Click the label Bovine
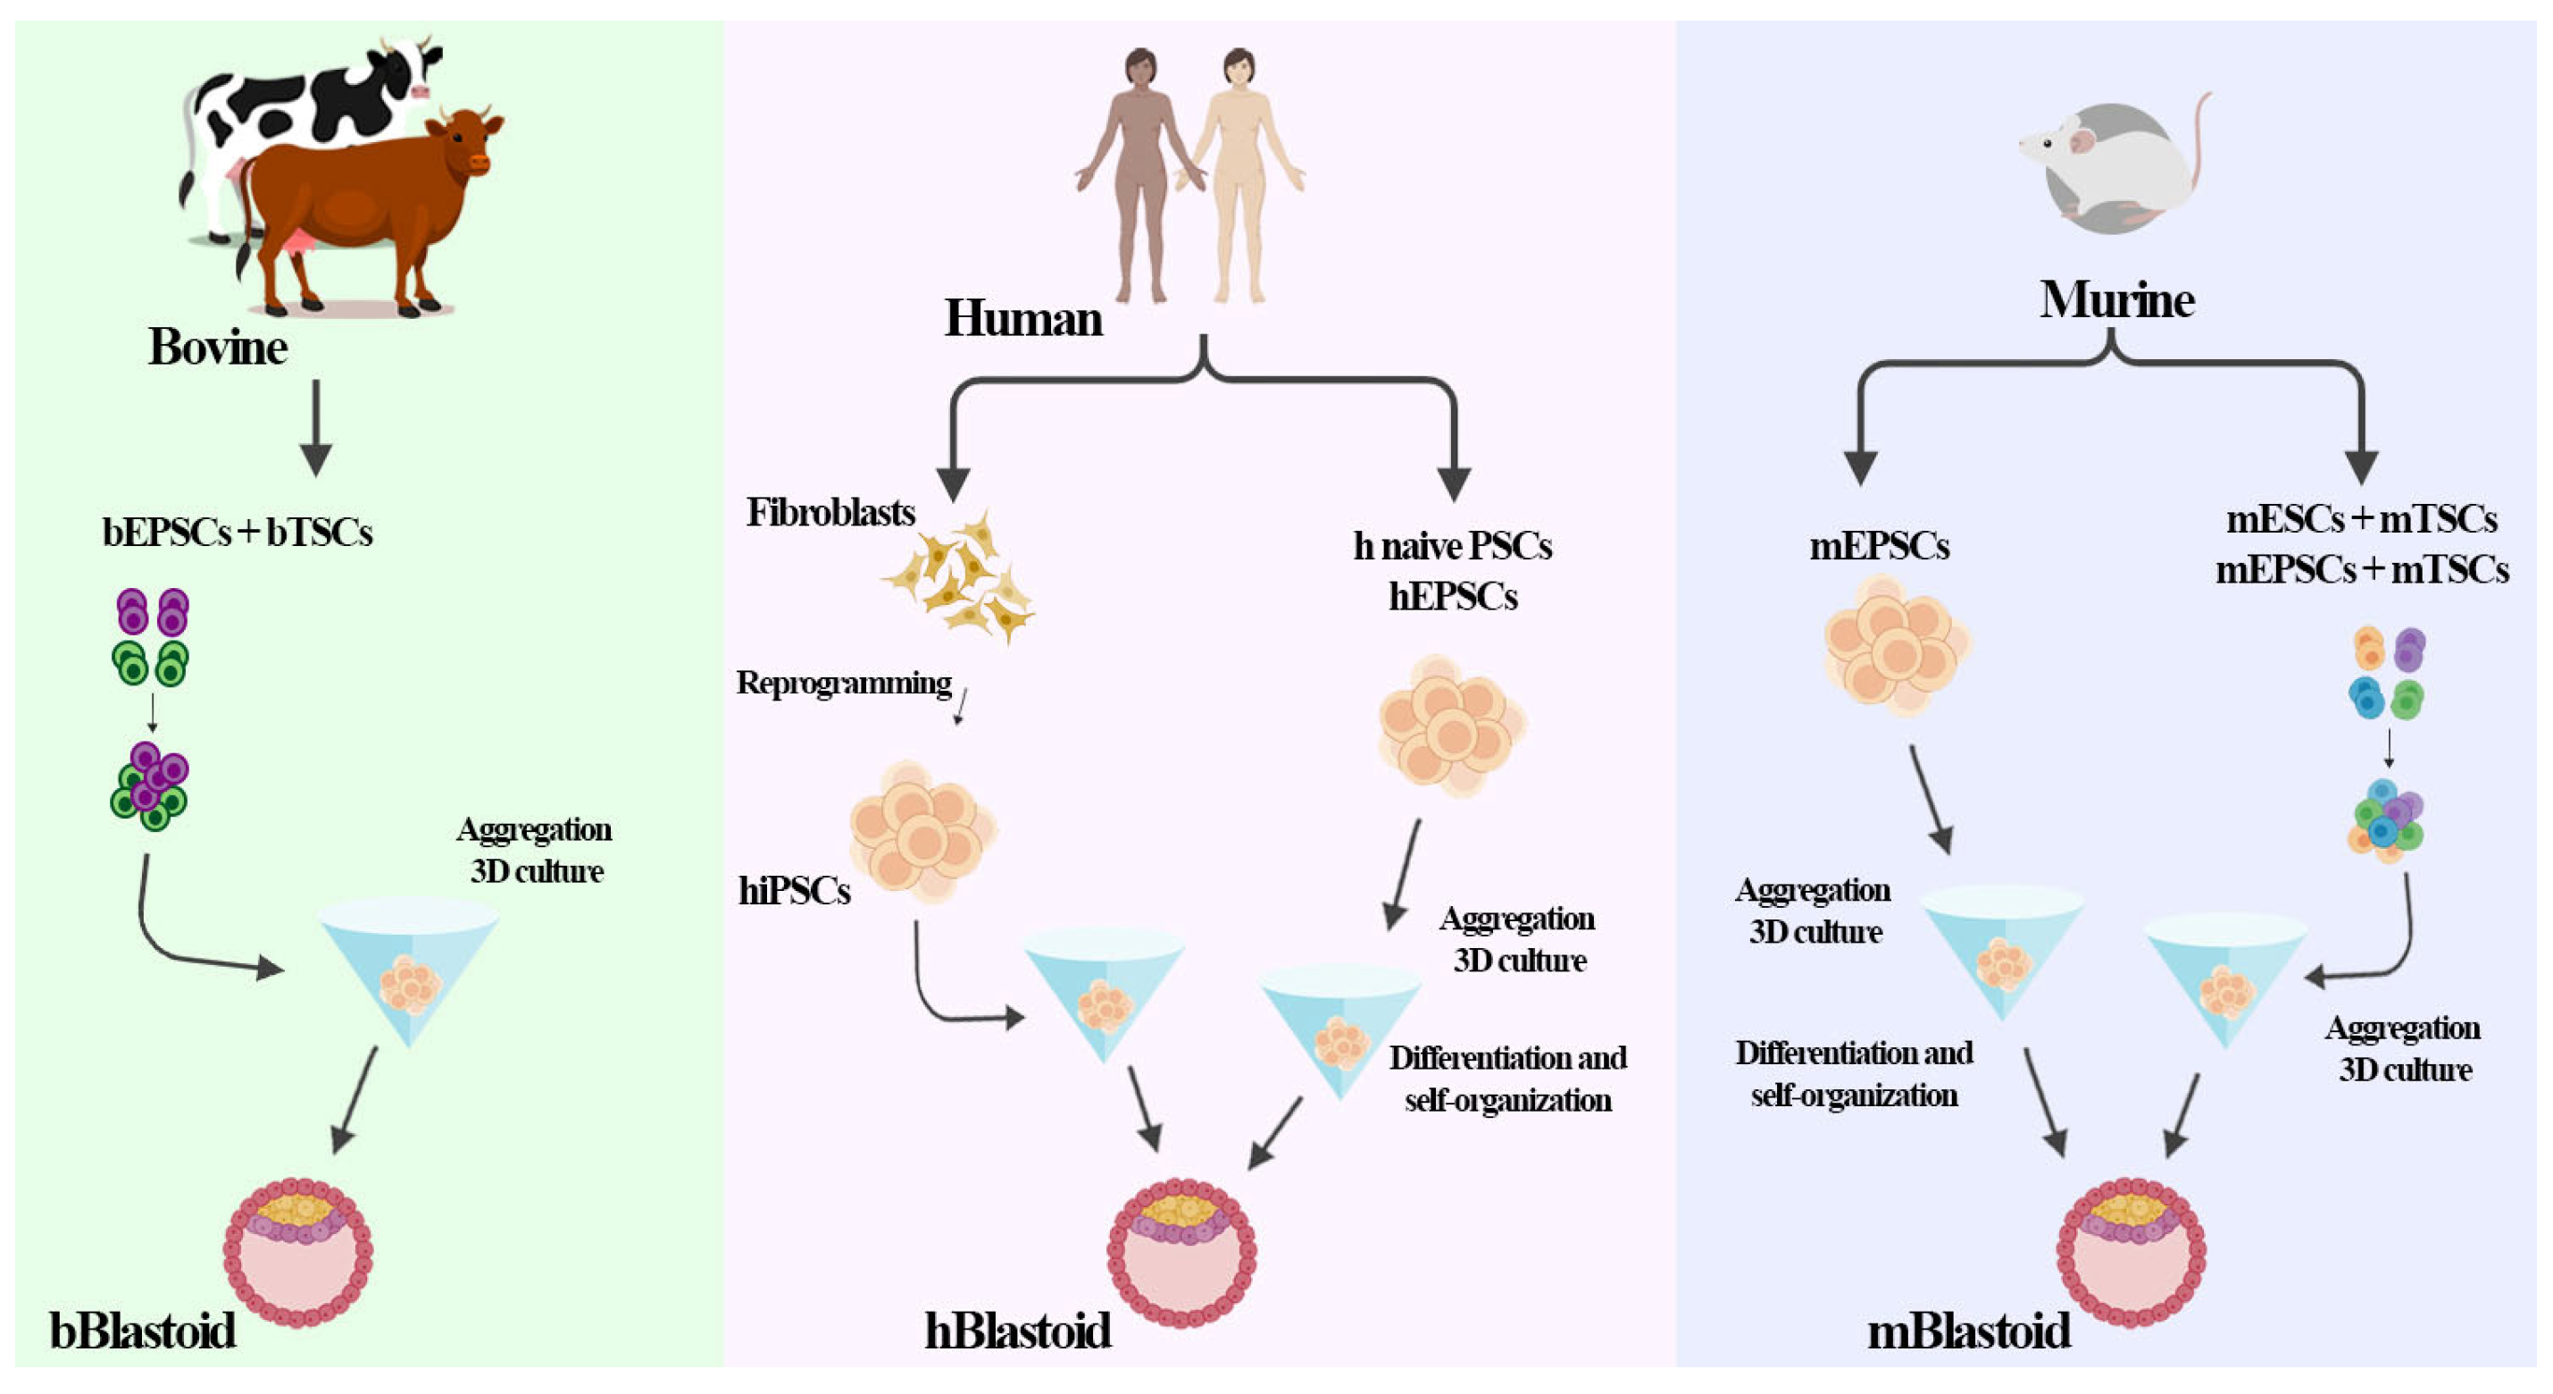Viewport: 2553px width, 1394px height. (x=218, y=347)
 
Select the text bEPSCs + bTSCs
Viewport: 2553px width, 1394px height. (x=238, y=533)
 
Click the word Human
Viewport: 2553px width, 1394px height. (x=1022, y=318)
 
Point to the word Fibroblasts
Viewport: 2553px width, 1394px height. (x=830, y=513)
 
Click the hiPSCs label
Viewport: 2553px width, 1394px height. (x=794, y=890)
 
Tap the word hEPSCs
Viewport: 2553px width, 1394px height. (x=1453, y=597)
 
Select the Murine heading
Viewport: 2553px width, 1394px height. (x=2117, y=299)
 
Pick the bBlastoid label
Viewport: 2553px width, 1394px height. (x=143, y=1331)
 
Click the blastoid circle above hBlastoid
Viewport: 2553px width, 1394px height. (x=1181, y=1252)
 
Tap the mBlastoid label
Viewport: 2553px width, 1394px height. (x=1969, y=1331)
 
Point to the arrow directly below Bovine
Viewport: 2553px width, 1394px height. (x=316, y=427)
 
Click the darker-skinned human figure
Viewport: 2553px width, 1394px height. (x=1140, y=174)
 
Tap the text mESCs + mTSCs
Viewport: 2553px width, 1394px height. (x=2362, y=519)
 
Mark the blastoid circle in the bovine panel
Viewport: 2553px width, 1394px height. (x=298, y=1252)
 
